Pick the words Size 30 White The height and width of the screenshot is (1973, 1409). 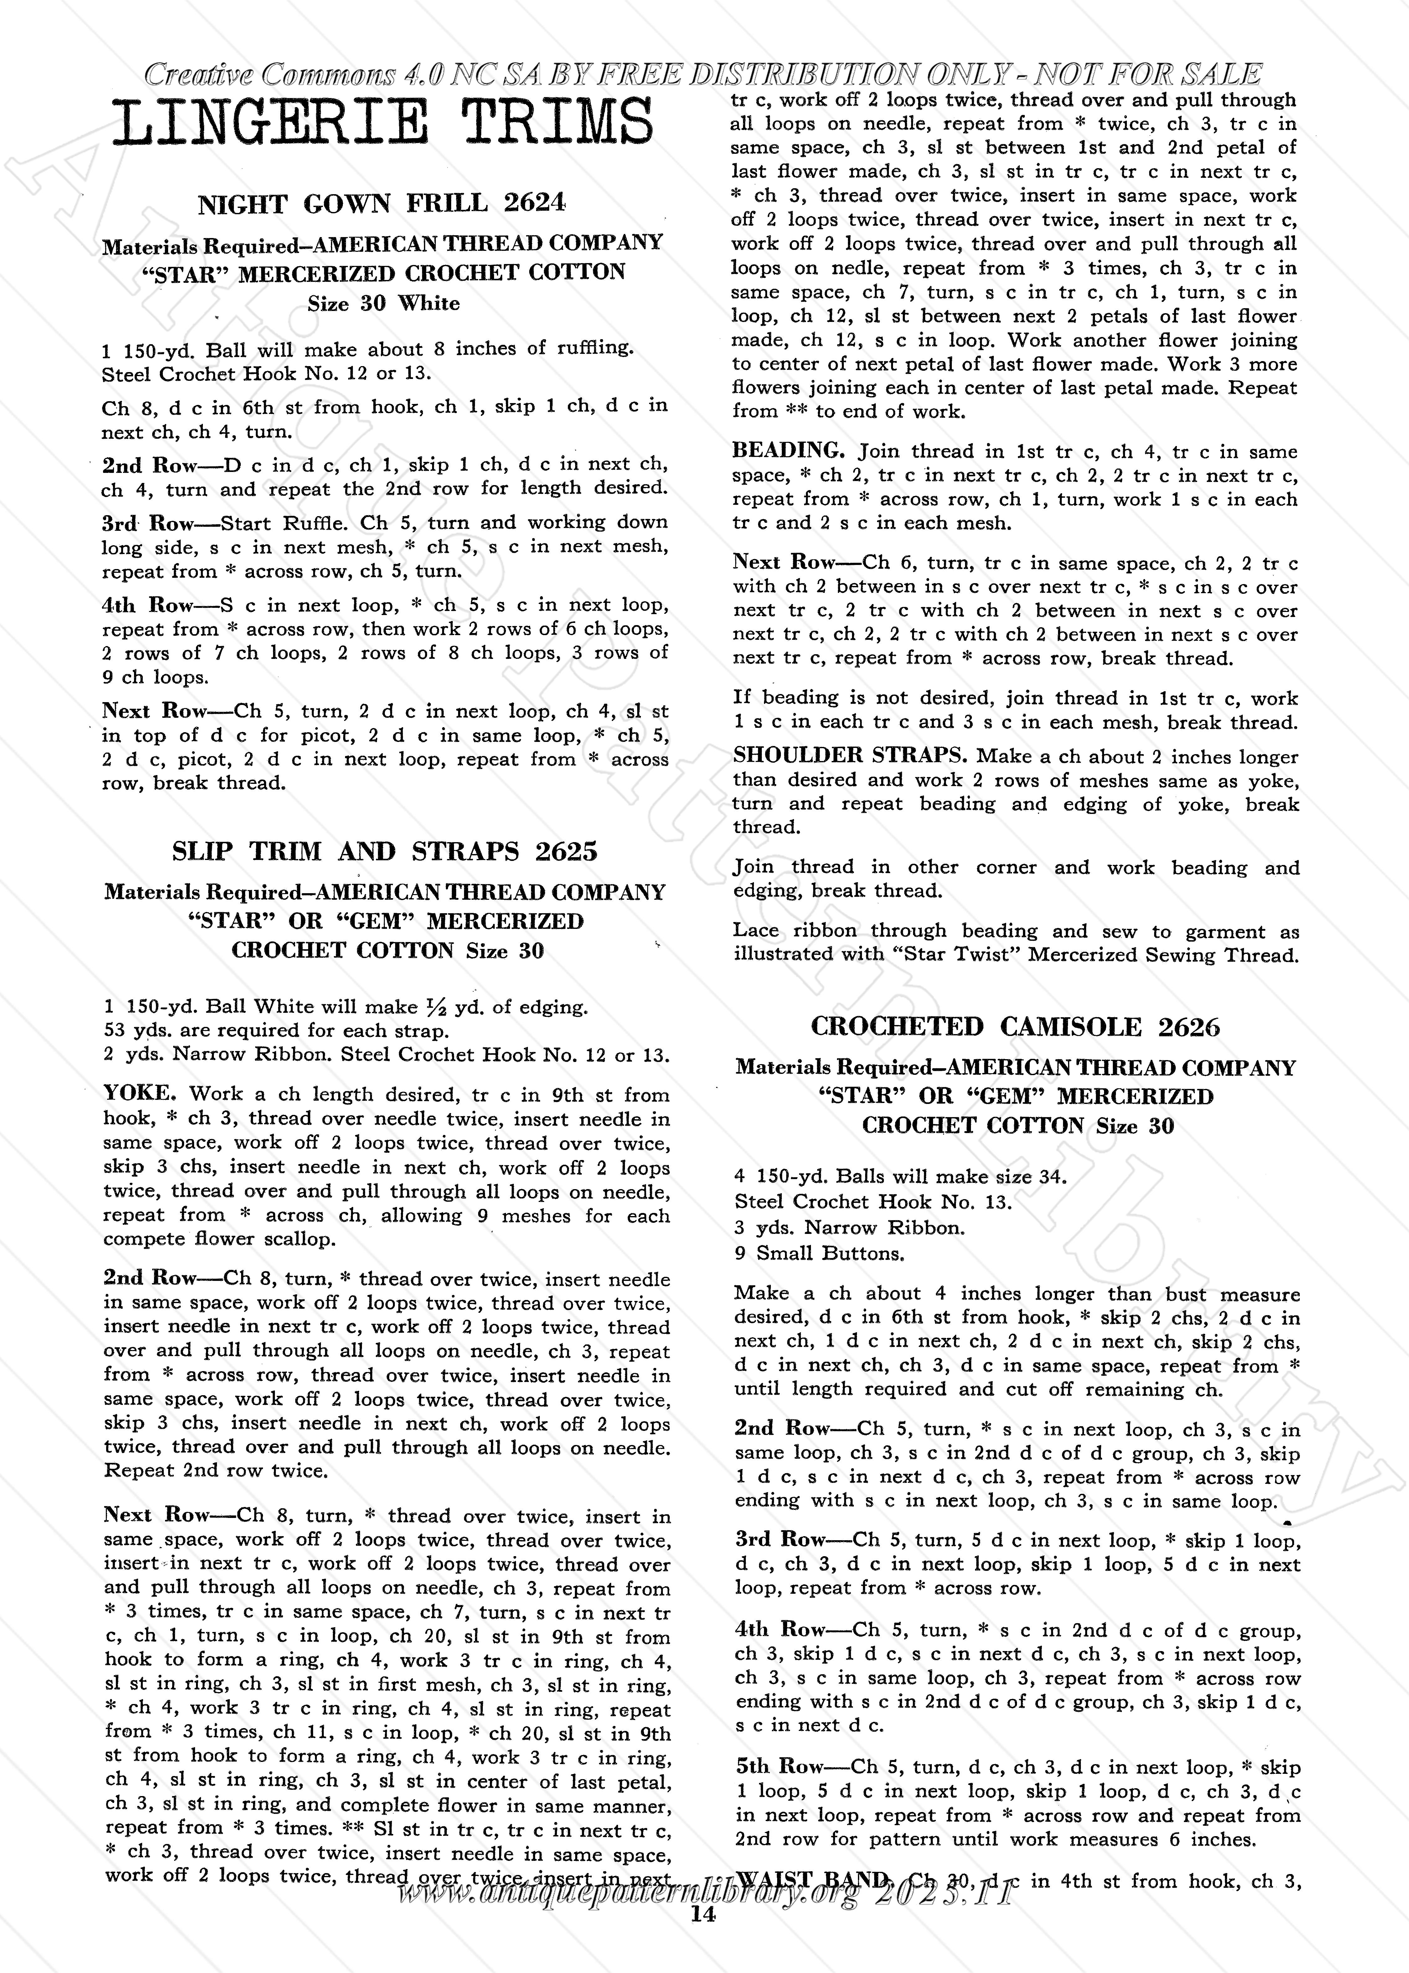click(x=384, y=304)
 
